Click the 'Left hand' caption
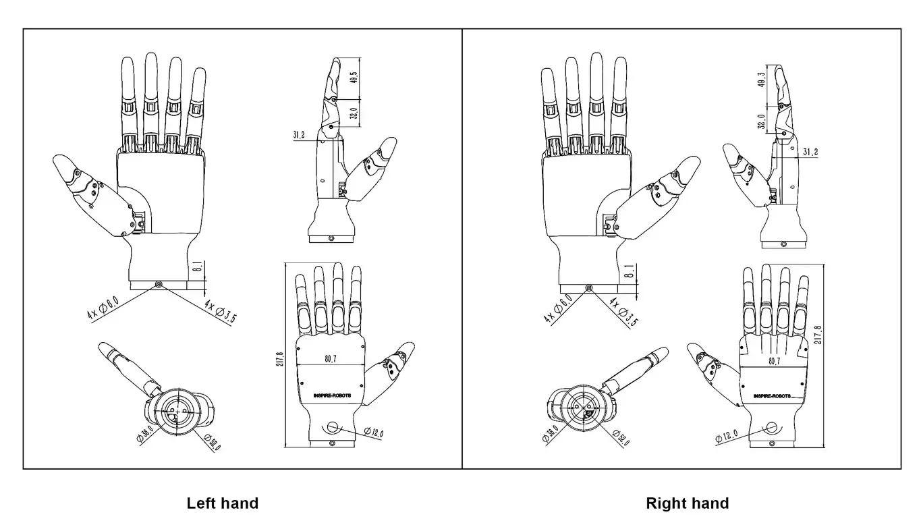click(x=222, y=503)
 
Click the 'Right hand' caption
click(x=687, y=503)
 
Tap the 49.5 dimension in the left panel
click(x=354, y=79)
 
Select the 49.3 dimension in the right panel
click(x=762, y=80)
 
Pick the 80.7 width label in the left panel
click(x=331, y=359)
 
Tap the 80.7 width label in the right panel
click(x=774, y=362)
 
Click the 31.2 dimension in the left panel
click(x=299, y=135)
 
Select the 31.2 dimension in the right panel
click(x=810, y=152)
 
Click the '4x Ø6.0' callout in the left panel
click(x=103, y=307)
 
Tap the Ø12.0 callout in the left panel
click(x=374, y=432)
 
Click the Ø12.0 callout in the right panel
click(x=726, y=436)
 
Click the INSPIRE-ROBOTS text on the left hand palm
click(x=332, y=395)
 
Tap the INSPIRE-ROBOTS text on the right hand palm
click(x=773, y=395)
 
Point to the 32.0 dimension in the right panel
click(x=762, y=121)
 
